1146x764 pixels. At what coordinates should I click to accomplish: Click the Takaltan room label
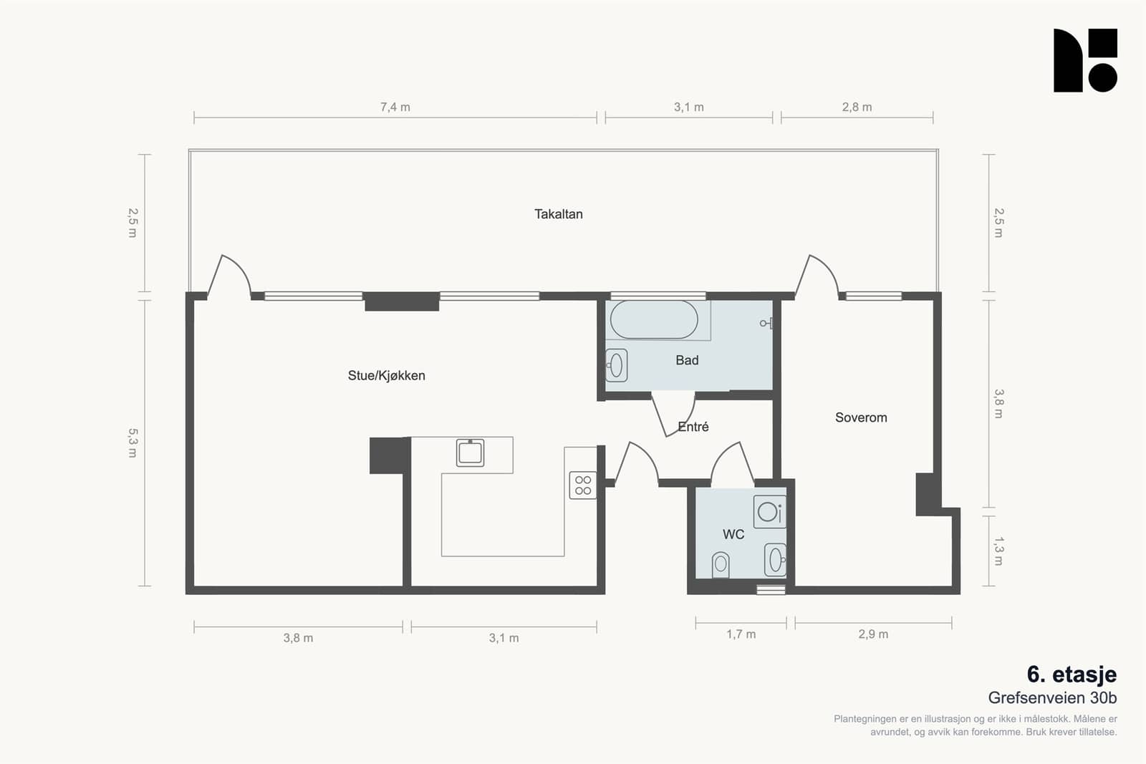tap(558, 214)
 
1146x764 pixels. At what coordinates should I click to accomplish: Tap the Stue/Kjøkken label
tap(386, 375)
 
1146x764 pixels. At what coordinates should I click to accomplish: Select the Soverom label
tap(861, 417)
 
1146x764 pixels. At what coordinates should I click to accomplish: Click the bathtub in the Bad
tap(654, 319)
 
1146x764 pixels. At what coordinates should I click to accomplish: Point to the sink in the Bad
tap(617, 365)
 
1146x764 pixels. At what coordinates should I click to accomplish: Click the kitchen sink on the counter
tap(470, 453)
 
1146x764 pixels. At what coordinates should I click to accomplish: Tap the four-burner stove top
tap(583, 485)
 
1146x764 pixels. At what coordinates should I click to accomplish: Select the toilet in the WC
tap(721, 565)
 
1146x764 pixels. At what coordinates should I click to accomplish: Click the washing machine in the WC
tap(769, 511)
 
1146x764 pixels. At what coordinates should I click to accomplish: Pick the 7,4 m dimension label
tap(395, 107)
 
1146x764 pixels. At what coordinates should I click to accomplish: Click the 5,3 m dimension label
tap(133, 443)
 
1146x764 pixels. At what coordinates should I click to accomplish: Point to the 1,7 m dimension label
tap(741, 634)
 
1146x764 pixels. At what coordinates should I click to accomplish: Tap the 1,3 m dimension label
tap(998, 551)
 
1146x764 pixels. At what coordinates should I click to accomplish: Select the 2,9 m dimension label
tap(873, 634)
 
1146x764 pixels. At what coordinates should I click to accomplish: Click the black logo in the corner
tap(1085, 60)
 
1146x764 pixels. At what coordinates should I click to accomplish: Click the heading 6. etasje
tap(1072, 674)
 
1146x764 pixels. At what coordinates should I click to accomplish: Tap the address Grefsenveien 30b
tap(1052, 697)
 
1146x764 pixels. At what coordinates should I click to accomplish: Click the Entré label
tap(693, 427)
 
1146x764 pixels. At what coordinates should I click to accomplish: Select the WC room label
tap(733, 534)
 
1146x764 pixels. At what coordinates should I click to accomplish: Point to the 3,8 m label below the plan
tap(298, 638)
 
